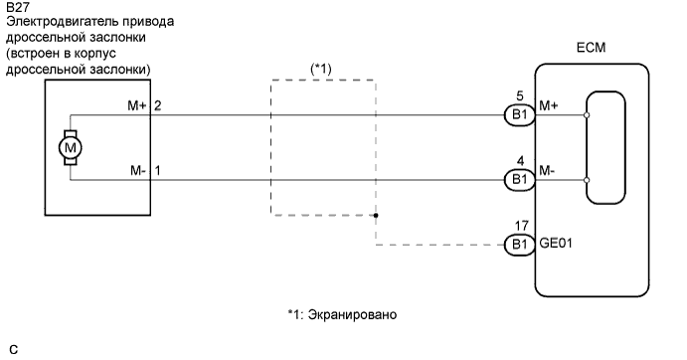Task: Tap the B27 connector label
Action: point(17,7)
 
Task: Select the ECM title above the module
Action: point(591,48)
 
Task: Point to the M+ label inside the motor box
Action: point(134,104)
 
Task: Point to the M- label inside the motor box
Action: point(135,170)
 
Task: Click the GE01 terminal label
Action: point(556,240)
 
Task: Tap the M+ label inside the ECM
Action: point(548,104)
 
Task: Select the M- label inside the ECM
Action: point(548,170)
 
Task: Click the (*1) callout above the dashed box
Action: point(321,69)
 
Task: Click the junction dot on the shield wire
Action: point(377,214)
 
